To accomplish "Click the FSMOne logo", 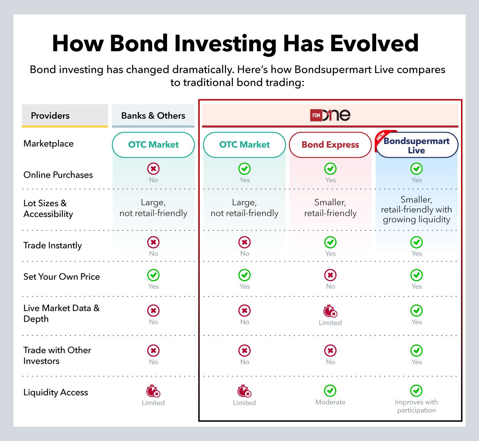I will pos(330,115).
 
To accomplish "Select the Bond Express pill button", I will pos(330,145).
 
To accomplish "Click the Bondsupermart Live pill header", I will pos(417,145).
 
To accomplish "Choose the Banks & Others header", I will pos(153,115).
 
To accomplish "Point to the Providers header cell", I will pos(65,115).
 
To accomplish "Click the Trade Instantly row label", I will pos(53,245).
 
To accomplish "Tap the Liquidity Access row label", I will pos(56,392).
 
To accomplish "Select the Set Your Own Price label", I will pos(61,277).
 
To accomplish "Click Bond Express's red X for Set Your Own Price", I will pos(330,275).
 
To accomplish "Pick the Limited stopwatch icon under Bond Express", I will pos(330,311).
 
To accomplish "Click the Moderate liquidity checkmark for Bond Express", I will pos(330,391).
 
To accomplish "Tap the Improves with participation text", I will pos(416,406).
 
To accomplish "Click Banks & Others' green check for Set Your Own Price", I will pos(153,275).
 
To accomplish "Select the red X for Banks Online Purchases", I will pos(153,169).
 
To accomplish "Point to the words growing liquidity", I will pos(416,219).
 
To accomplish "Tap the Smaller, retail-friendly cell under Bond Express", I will pos(330,208).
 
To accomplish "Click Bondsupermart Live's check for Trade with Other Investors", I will pos(416,351).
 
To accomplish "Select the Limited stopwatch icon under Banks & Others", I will pos(153,391).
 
